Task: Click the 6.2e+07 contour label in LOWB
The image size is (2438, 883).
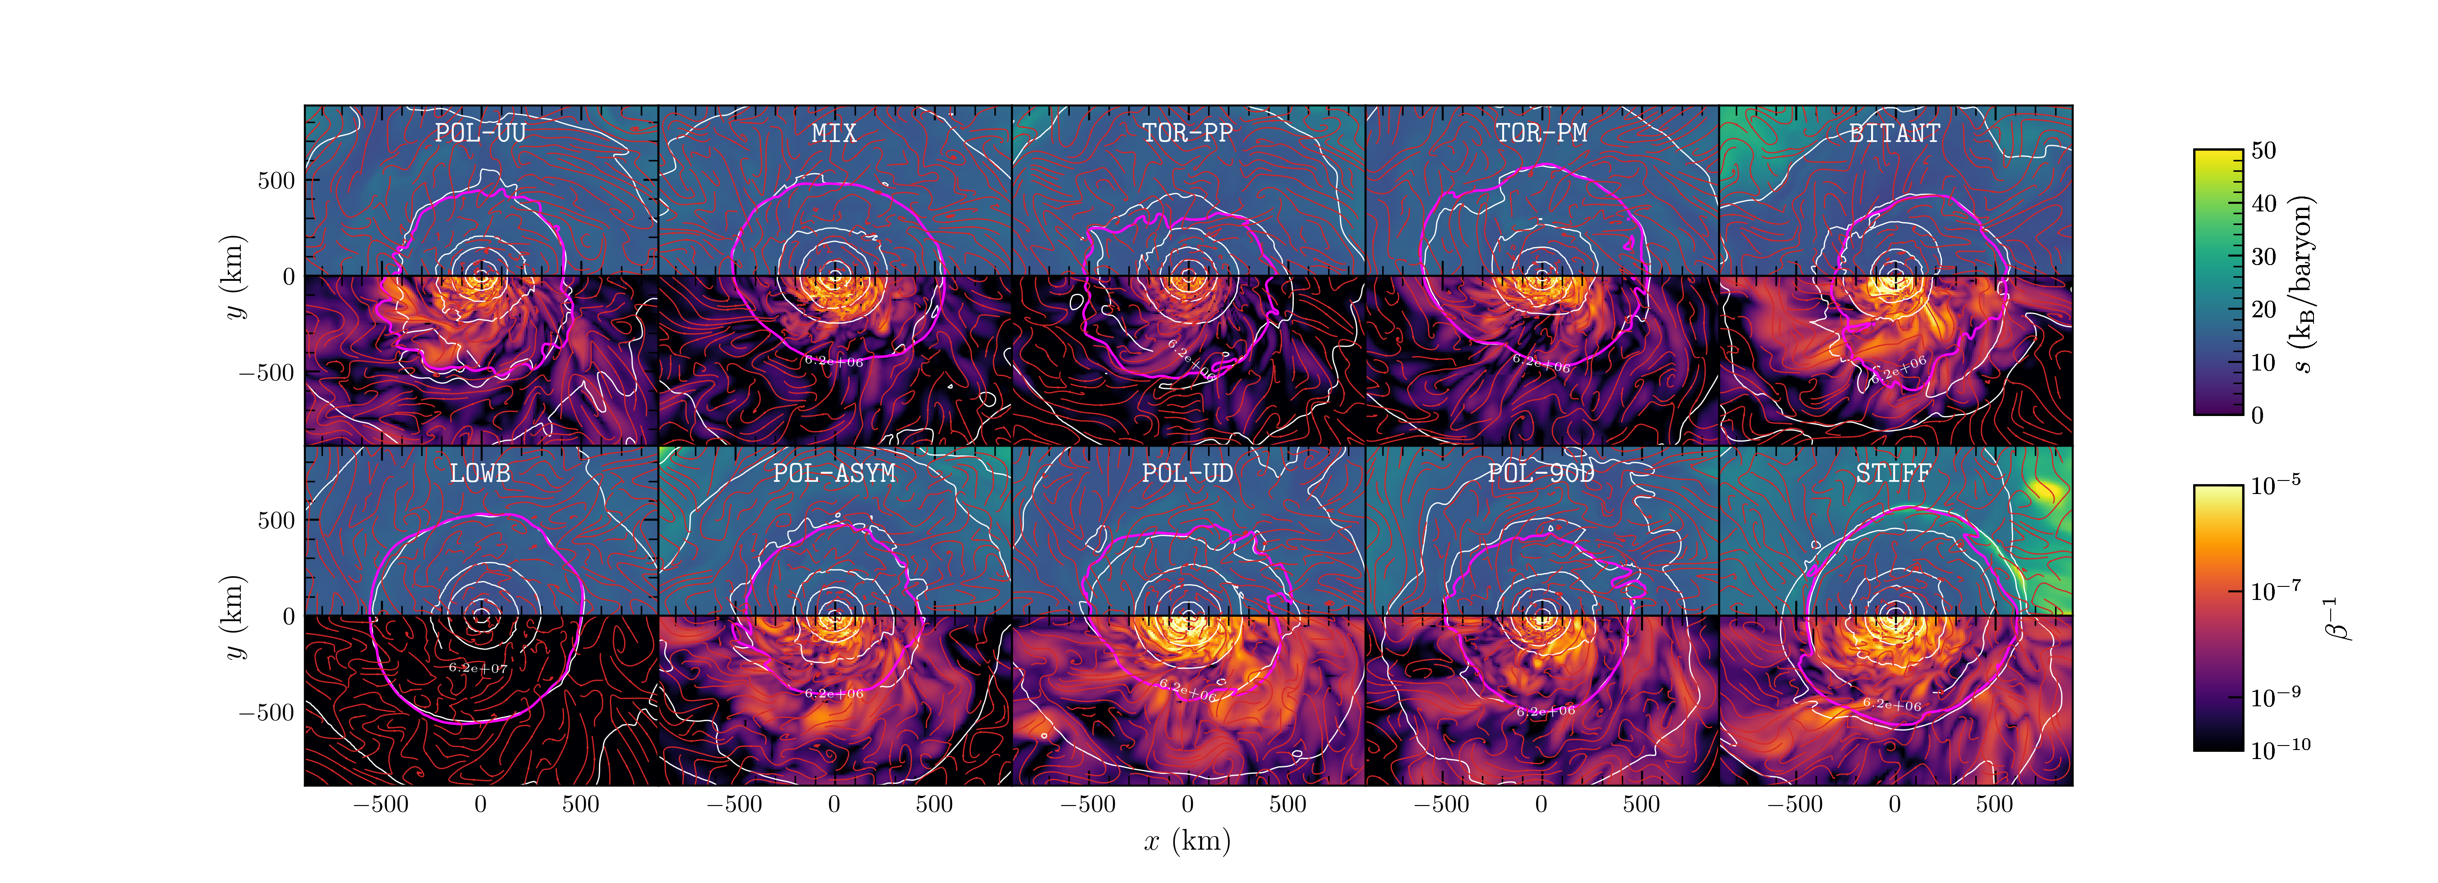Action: pyautogui.click(x=478, y=668)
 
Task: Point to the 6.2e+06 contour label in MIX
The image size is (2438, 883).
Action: pyautogui.click(x=834, y=361)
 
